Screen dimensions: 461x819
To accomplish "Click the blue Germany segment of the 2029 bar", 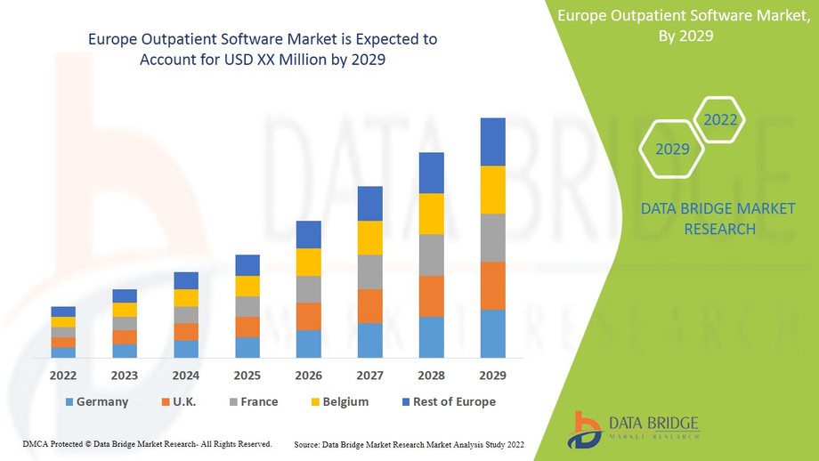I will click(492, 334).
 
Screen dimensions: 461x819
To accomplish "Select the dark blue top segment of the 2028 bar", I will click(431, 173).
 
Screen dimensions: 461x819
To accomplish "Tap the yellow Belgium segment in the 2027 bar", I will click(369, 238).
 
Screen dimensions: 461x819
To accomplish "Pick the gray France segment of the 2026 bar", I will click(308, 289).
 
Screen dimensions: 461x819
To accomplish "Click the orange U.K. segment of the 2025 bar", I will click(247, 328).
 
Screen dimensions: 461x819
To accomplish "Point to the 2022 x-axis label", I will click(63, 375).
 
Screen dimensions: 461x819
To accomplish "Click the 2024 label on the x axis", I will click(186, 375).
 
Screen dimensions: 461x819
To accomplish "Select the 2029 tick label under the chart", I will click(492, 375).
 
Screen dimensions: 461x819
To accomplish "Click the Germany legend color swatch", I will click(69, 402).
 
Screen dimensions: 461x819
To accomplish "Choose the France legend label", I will click(259, 402).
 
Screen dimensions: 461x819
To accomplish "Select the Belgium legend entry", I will click(345, 402).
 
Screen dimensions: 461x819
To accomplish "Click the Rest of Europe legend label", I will click(454, 402).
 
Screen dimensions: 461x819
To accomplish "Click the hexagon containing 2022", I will click(719, 120).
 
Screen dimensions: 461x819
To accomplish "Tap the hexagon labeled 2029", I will click(672, 149).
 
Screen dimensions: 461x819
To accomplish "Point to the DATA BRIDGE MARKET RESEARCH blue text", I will click(699, 219).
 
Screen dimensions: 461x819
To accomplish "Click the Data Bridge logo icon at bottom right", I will click(586, 428).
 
